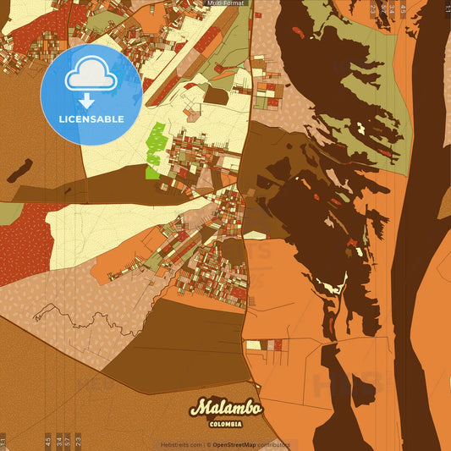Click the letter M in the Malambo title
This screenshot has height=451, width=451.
tap(199, 408)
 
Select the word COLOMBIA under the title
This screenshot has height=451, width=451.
tap(226, 424)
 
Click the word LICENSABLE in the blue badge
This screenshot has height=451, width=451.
tap(91, 119)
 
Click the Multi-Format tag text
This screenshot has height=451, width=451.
tap(224, 3)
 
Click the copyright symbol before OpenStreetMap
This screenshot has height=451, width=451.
tap(208, 445)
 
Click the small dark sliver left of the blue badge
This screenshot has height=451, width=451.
tap(19, 170)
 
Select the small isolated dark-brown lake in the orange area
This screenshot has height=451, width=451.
tap(364, 390)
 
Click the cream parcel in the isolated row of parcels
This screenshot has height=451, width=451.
tap(253, 345)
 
